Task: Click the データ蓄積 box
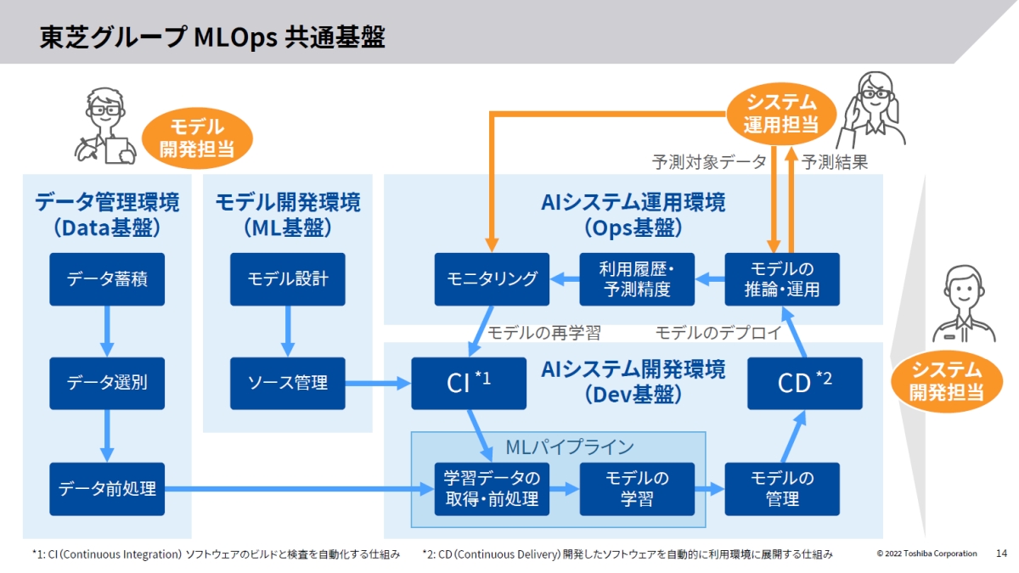click(x=107, y=278)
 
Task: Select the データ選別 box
click(x=107, y=383)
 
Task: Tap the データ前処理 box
click(x=107, y=489)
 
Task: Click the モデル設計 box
click(x=288, y=278)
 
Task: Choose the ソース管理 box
click(x=288, y=383)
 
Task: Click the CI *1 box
click(x=469, y=383)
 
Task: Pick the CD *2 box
click(x=805, y=383)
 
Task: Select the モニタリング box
click(x=493, y=278)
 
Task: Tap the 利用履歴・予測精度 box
click(x=637, y=278)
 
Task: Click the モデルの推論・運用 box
click(x=782, y=278)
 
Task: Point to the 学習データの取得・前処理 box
click(x=493, y=489)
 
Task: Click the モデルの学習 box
click(x=637, y=489)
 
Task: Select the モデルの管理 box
click(x=782, y=489)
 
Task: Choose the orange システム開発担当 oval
click(x=946, y=380)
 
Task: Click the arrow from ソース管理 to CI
click(x=378, y=384)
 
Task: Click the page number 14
click(x=1001, y=553)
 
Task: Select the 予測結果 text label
click(x=835, y=161)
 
